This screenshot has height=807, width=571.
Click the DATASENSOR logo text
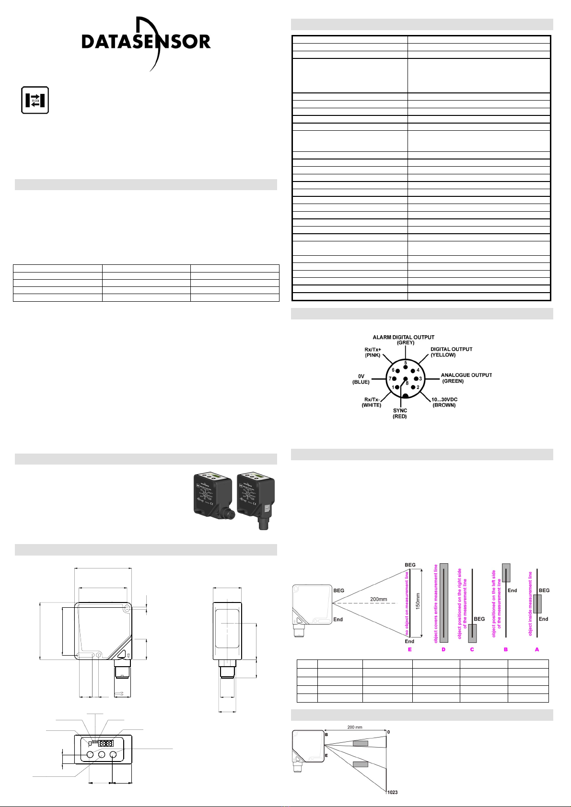coord(146,42)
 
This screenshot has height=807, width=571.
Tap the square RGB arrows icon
coord(35,100)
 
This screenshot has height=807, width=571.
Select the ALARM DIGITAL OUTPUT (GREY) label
coord(404,340)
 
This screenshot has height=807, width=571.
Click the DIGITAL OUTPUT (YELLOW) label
coord(451,352)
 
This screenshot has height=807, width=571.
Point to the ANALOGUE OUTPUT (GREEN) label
coord(466,378)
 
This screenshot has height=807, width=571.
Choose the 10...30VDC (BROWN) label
coord(444,402)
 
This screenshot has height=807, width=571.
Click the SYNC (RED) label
coord(400,413)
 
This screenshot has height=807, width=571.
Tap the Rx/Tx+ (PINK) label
coord(373,352)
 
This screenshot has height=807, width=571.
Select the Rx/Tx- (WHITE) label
coord(372,402)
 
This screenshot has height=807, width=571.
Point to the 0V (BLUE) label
coord(361,379)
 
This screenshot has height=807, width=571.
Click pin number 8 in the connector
coord(407,383)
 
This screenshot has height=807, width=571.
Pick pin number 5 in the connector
coord(406,363)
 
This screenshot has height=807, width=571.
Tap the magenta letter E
coord(410,649)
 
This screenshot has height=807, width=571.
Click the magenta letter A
coord(537,649)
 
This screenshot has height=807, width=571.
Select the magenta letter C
coord(472,649)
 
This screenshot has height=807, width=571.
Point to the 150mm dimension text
coord(418,601)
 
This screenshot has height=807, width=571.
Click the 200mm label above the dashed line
coord(378,599)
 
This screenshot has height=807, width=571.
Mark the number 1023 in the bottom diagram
coord(393,792)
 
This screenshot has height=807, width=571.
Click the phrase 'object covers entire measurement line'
coord(436,604)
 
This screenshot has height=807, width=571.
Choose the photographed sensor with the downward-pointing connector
coord(256,501)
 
